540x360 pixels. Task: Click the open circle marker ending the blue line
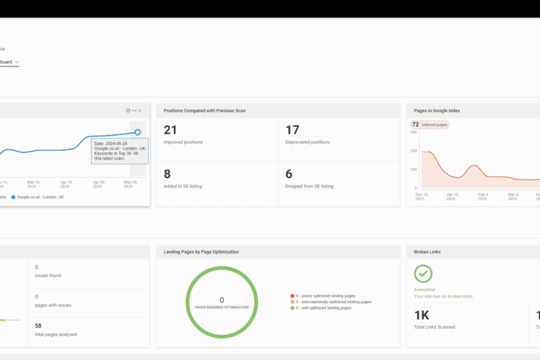click(137, 132)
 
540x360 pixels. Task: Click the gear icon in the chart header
click(128, 110)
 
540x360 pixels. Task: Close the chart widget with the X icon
click(140, 110)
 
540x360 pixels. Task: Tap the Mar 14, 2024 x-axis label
click(34, 184)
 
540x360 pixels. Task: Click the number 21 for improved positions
click(170, 130)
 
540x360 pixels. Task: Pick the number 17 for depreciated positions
click(292, 130)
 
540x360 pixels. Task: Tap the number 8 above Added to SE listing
click(167, 174)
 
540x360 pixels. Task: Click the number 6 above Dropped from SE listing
click(289, 174)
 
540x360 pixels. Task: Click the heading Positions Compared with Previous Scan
click(205, 111)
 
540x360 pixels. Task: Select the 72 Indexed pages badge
click(430, 124)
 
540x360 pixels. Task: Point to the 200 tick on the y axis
click(413, 151)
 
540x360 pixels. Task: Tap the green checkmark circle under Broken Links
click(423, 274)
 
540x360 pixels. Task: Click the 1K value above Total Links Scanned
click(422, 314)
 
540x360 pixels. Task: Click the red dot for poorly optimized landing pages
click(292, 296)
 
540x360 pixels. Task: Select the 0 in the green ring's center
click(221, 300)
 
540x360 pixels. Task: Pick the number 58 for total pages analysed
click(38, 326)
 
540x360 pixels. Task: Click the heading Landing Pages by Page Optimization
click(201, 252)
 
